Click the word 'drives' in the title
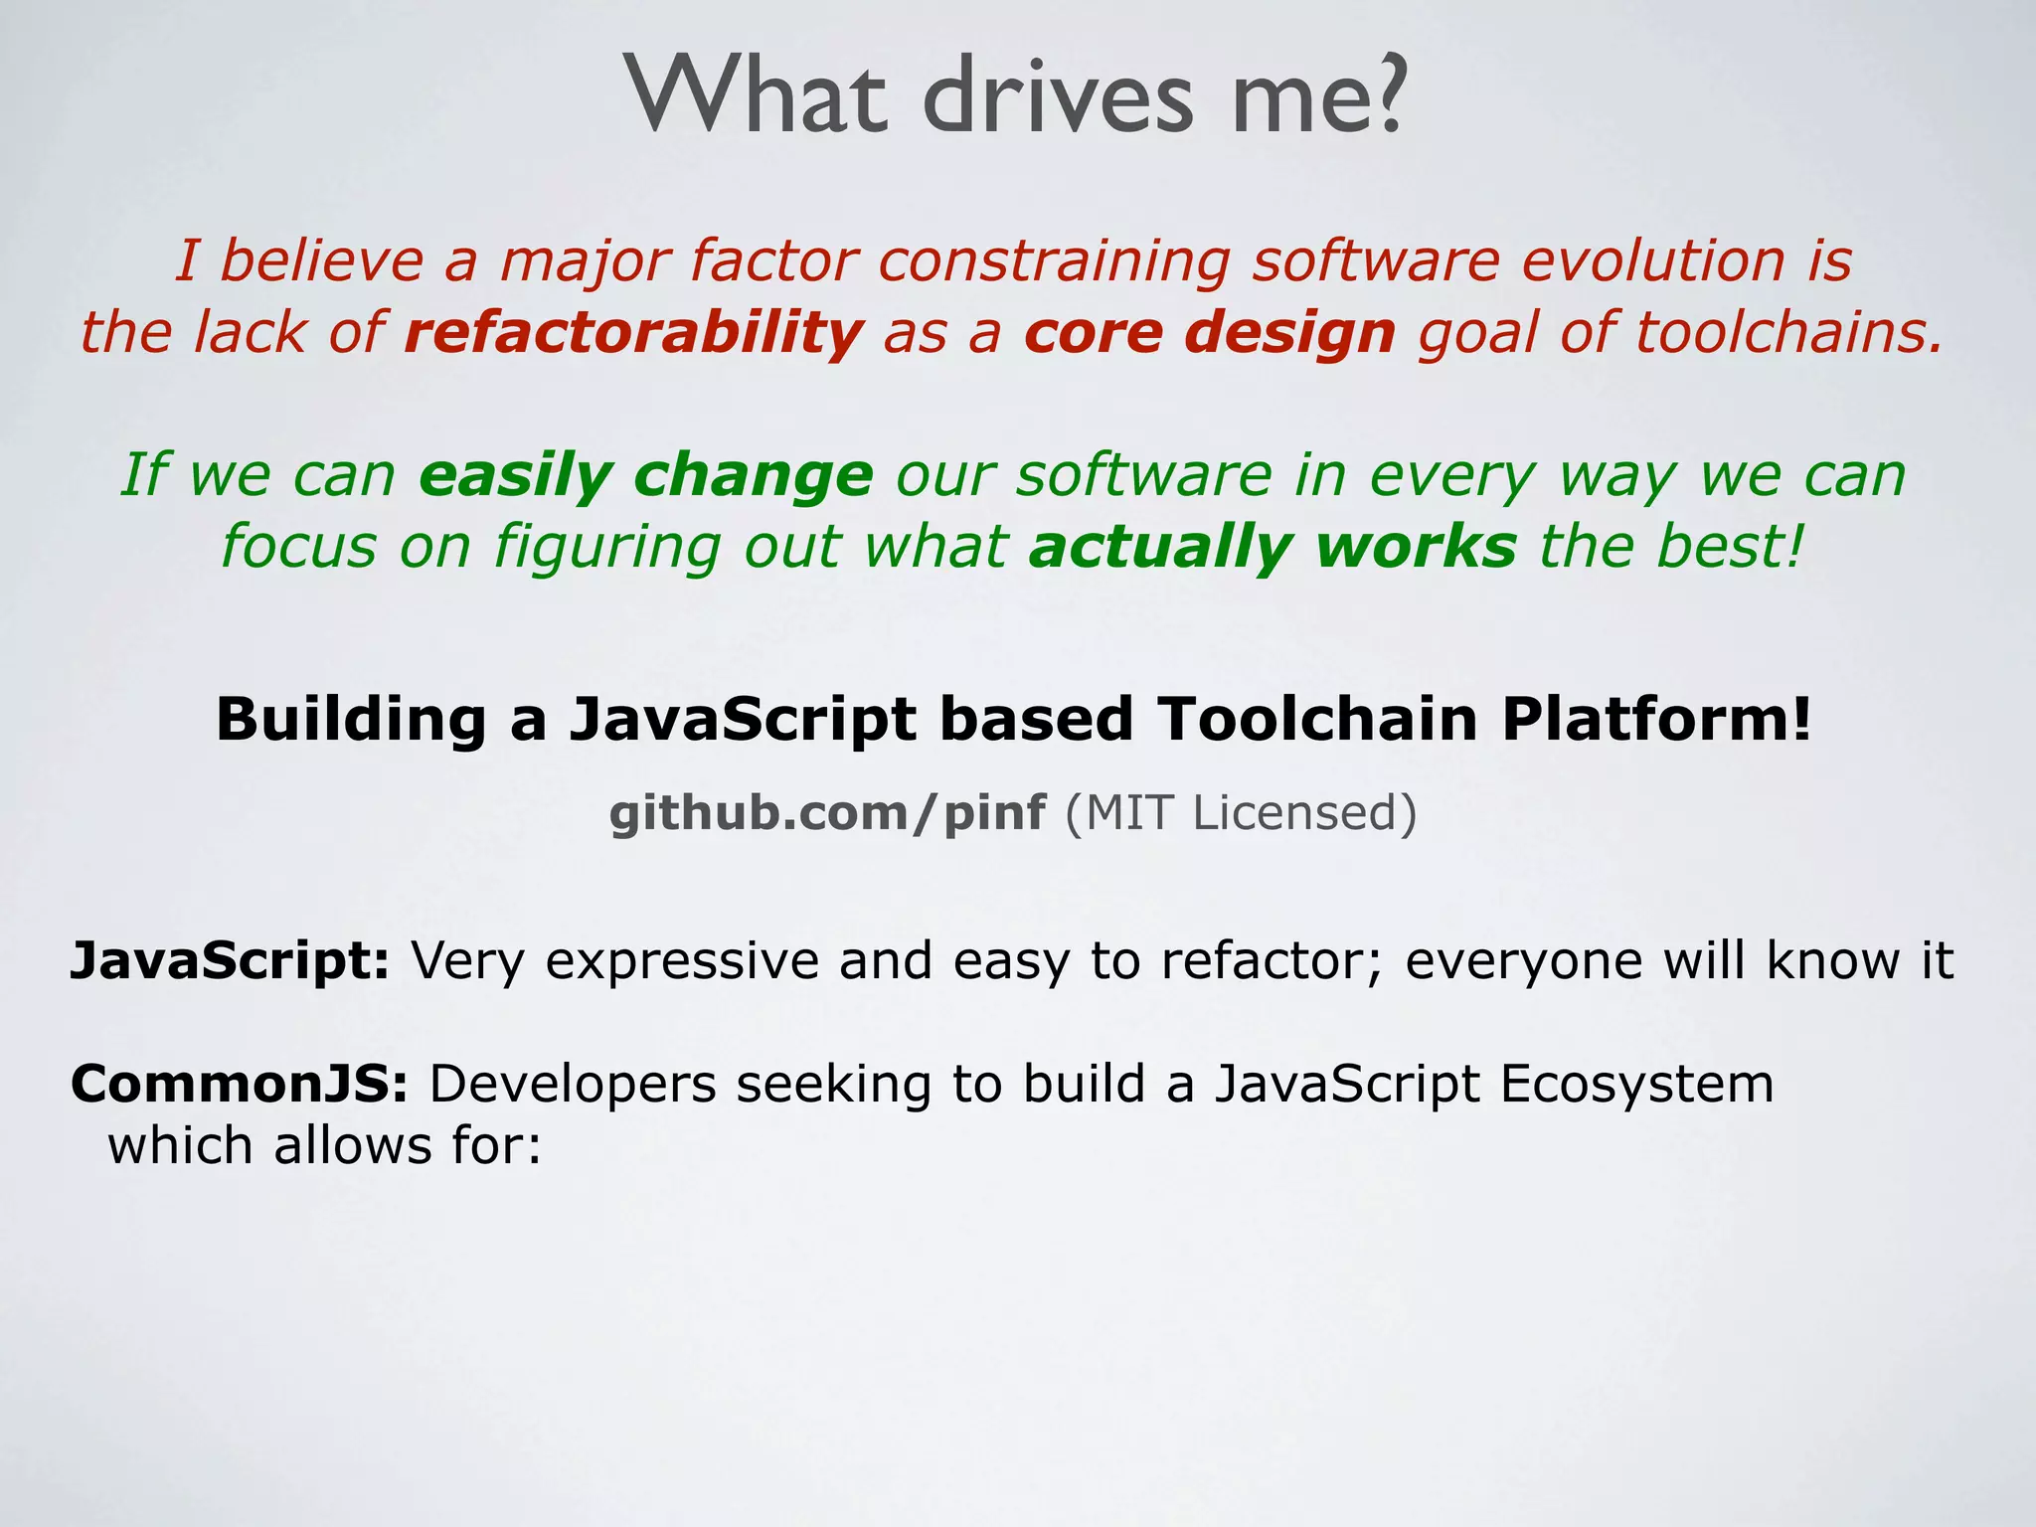[x=1056, y=96]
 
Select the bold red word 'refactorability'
[x=633, y=332]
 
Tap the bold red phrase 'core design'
[x=1209, y=332]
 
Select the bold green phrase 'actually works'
[x=1272, y=547]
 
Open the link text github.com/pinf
[x=826, y=813]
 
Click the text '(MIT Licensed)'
[x=1241, y=813]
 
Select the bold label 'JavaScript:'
[x=230, y=961]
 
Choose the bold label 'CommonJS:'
[x=239, y=1084]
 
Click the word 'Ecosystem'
[x=1636, y=1084]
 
